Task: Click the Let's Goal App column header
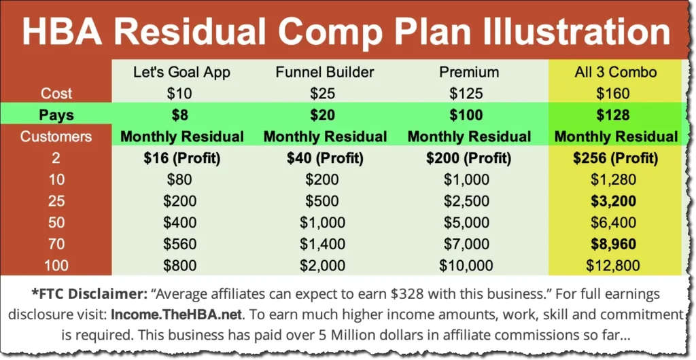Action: click(x=181, y=71)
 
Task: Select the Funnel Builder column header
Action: click(x=325, y=71)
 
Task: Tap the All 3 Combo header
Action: click(x=616, y=71)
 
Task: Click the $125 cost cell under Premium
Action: click(x=469, y=93)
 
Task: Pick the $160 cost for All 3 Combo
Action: click(x=616, y=93)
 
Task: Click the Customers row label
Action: click(x=56, y=137)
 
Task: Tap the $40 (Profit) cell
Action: click(x=325, y=158)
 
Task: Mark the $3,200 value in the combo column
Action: click(x=616, y=202)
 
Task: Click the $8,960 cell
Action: click(x=616, y=245)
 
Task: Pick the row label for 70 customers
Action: click(x=56, y=245)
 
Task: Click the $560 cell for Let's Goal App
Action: click(x=181, y=245)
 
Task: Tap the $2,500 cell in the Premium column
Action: click(x=469, y=202)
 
